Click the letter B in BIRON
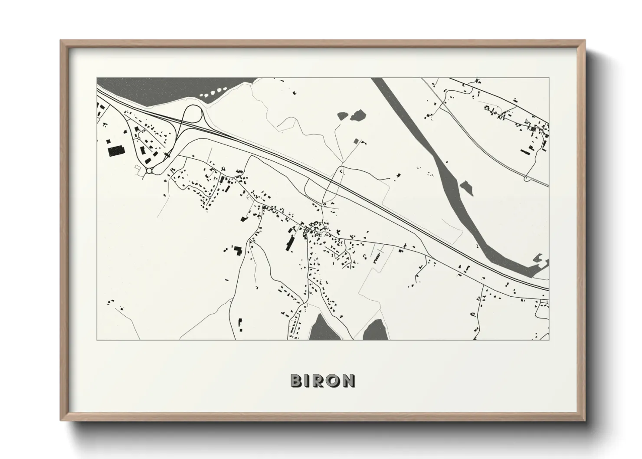tap(296, 381)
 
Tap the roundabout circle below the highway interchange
tap(149, 170)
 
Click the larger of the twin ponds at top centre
tap(358, 115)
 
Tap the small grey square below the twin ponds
tap(357, 141)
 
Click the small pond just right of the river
tap(466, 187)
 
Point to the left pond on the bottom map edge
tap(320, 328)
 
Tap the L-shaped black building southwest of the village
tap(237, 251)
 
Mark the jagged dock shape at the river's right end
tap(542, 262)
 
